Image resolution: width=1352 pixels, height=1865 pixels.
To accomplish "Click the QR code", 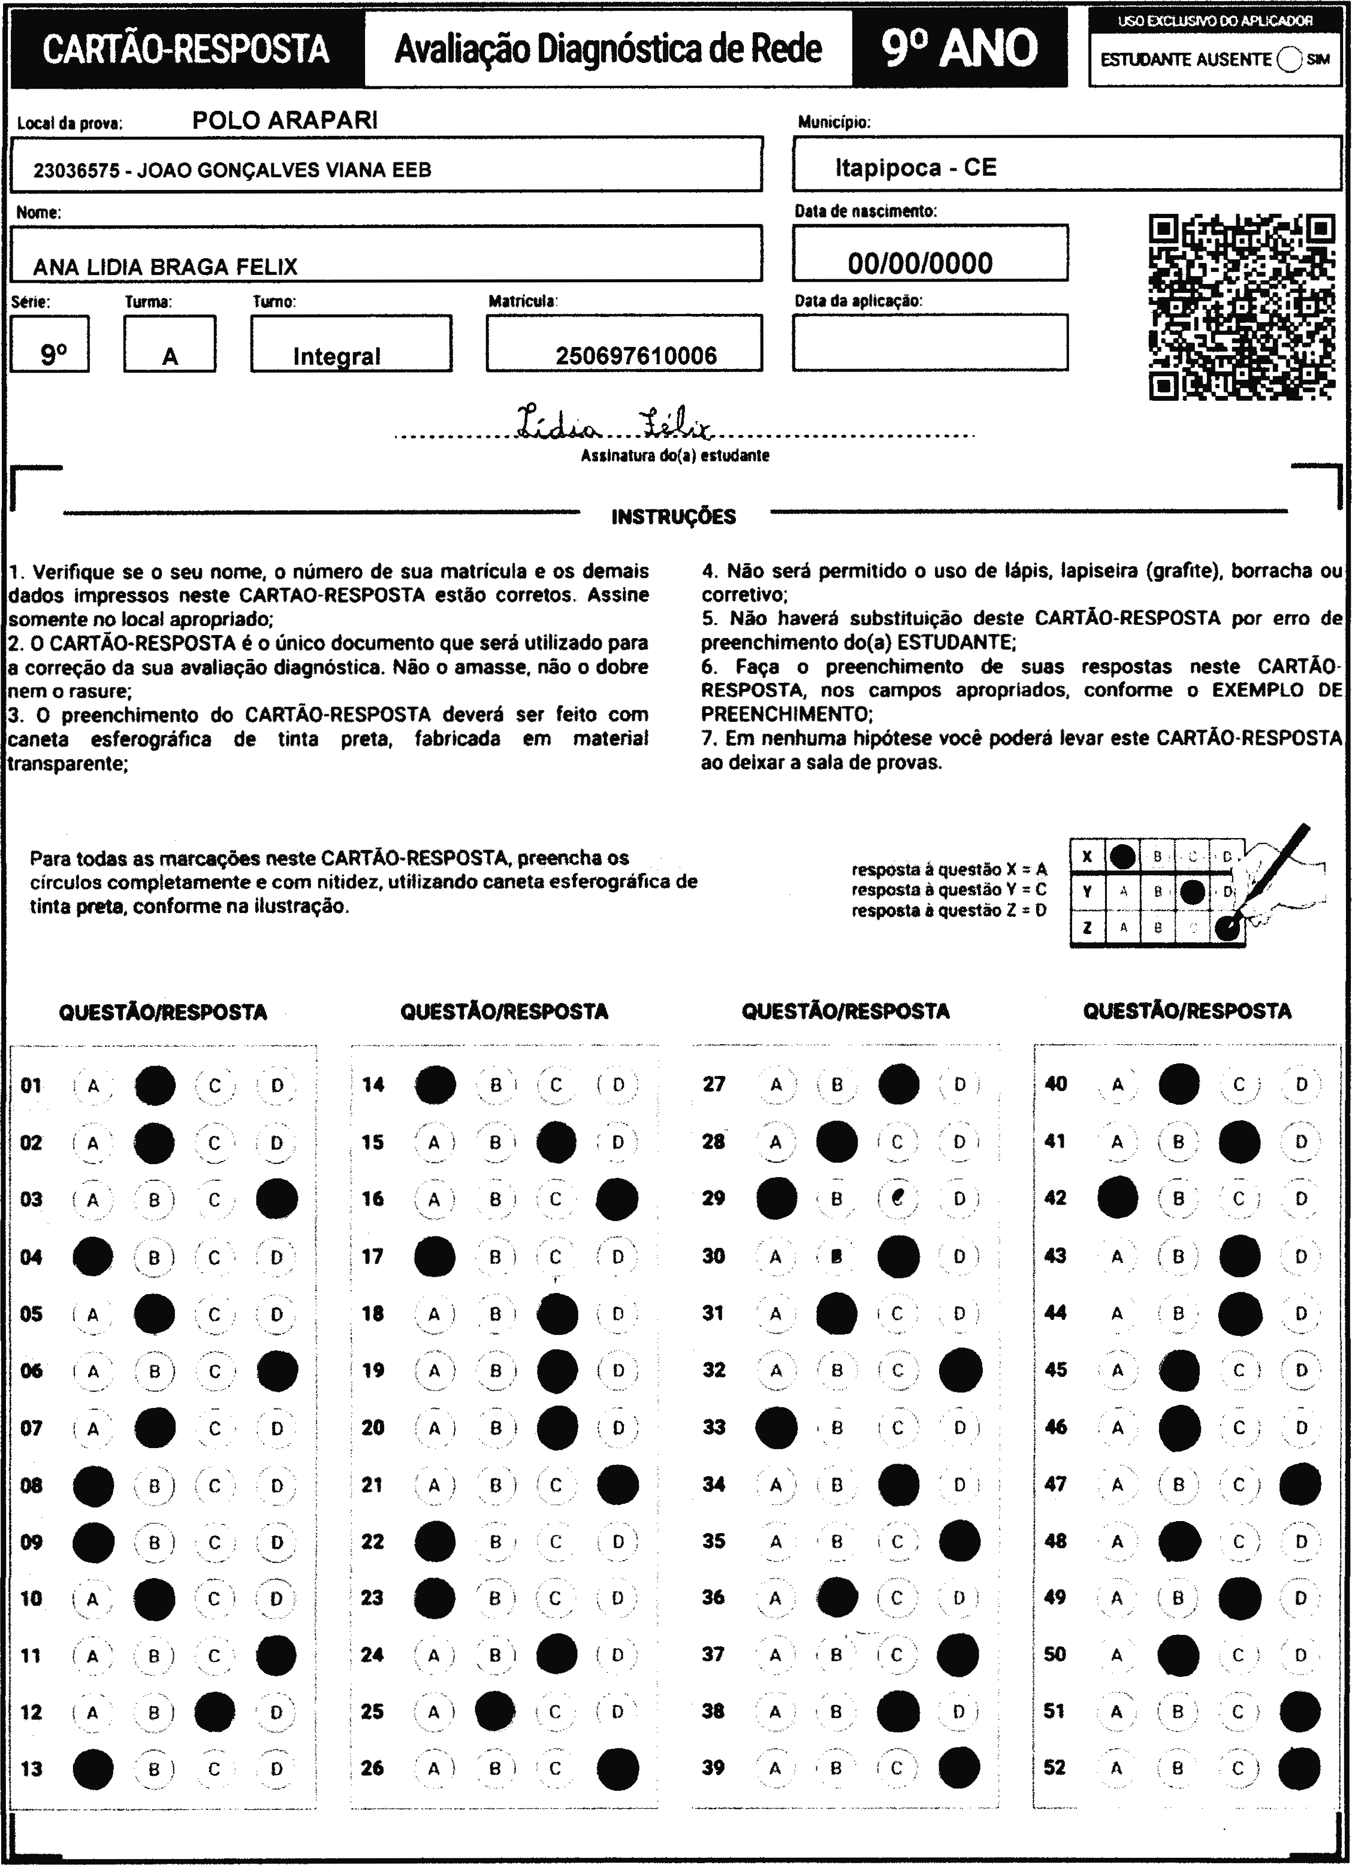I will [1241, 307].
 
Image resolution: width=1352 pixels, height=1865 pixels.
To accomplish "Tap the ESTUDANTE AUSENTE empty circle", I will [1290, 60].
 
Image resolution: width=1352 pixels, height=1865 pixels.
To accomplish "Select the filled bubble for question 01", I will [155, 1086].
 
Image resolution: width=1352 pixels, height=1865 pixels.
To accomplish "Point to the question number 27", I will [714, 1084].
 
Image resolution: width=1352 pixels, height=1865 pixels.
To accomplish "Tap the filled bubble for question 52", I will [1300, 1768].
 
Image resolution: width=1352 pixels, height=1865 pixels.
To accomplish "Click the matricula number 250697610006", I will [636, 356].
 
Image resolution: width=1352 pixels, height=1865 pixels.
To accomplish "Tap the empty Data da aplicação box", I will [930, 342].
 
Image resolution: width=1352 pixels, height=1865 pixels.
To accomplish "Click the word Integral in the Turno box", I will [336, 356].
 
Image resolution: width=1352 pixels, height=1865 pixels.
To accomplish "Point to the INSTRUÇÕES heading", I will [674, 517].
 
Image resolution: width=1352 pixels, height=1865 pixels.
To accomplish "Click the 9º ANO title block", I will [959, 49].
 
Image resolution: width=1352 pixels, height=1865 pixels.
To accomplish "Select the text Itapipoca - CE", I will [915, 168].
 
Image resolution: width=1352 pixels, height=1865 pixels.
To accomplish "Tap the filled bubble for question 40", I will [1178, 1084].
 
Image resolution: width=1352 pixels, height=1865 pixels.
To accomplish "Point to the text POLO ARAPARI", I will [285, 121].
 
